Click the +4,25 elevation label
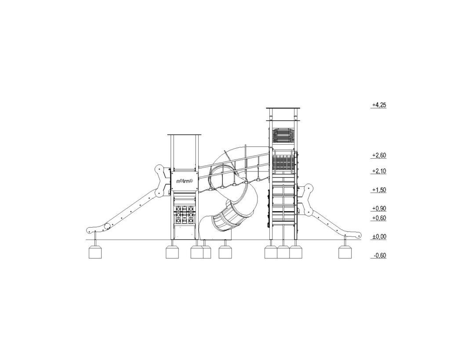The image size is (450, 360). [x=379, y=105]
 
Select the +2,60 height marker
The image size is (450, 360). [x=379, y=155]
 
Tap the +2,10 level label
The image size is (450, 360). [x=379, y=171]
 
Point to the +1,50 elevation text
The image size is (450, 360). [x=379, y=190]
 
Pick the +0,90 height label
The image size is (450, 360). [x=379, y=208]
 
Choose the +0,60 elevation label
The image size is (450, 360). [x=379, y=218]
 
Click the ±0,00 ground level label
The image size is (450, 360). [x=379, y=236]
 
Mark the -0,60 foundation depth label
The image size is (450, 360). [x=380, y=255]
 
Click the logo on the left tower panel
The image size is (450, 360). [x=185, y=181]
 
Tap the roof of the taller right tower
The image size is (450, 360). [x=283, y=108]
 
